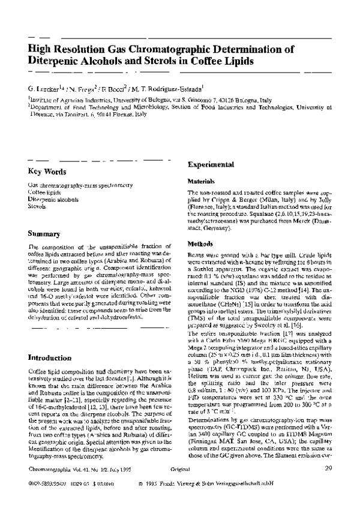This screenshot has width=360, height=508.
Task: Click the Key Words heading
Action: [49, 172]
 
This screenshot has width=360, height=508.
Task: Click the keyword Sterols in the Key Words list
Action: [37, 206]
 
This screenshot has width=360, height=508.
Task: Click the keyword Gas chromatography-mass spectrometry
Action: [80, 186]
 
